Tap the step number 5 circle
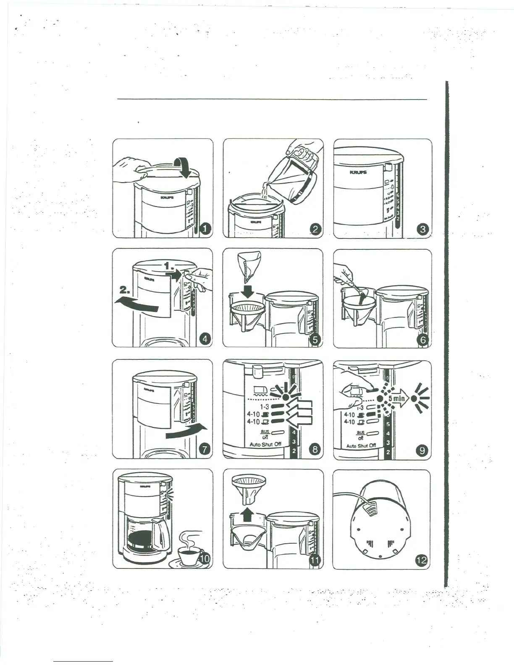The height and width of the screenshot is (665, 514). (x=315, y=340)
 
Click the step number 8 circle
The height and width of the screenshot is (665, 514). (x=315, y=450)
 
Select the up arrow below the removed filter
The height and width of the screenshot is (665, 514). (x=248, y=515)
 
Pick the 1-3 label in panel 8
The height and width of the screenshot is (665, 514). (x=265, y=407)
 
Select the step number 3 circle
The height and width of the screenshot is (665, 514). (x=423, y=229)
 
